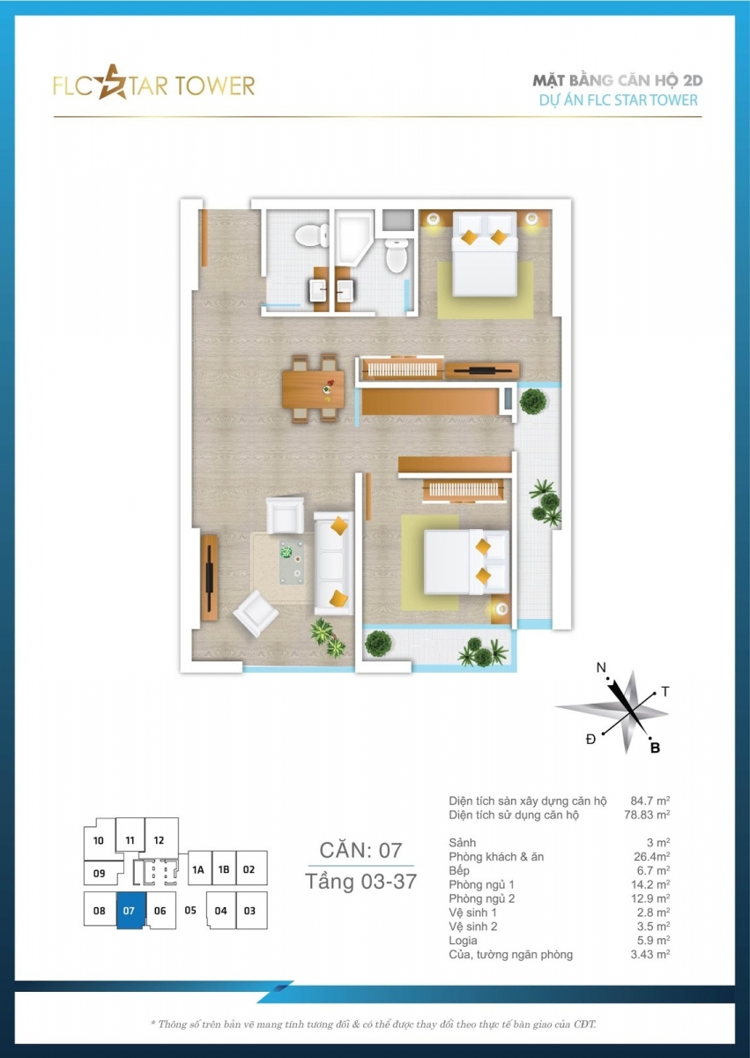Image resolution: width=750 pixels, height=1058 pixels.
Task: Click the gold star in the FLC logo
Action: [x=112, y=83]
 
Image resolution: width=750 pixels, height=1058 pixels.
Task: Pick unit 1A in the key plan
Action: [x=198, y=869]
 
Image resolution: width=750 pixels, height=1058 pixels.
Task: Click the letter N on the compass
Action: [x=601, y=667]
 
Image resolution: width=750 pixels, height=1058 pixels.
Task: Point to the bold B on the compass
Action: [x=655, y=748]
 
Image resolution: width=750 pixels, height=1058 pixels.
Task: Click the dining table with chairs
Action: [x=313, y=388]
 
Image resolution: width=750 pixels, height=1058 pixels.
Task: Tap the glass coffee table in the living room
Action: [x=291, y=563]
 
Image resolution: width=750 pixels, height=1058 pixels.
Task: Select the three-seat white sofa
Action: [x=334, y=563]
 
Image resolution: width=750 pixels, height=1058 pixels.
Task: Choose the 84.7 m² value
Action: [x=650, y=801]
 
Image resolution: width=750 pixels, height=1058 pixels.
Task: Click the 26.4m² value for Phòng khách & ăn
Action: [x=651, y=856]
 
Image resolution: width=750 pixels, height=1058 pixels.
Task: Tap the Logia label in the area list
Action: [x=463, y=941]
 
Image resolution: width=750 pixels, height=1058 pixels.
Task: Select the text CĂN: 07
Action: [x=360, y=851]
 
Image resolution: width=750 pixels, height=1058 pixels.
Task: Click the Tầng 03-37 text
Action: [x=360, y=882]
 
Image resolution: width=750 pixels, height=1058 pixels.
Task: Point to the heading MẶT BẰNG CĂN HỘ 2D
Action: [x=618, y=80]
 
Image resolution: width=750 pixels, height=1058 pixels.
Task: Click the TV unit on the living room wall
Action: [x=209, y=577]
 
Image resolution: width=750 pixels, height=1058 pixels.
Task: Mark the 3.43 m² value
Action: [x=650, y=954]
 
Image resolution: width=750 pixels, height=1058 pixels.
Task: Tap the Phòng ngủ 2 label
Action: [x=481, y=898]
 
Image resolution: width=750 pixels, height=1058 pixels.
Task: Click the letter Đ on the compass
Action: [x=590, y=739]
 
